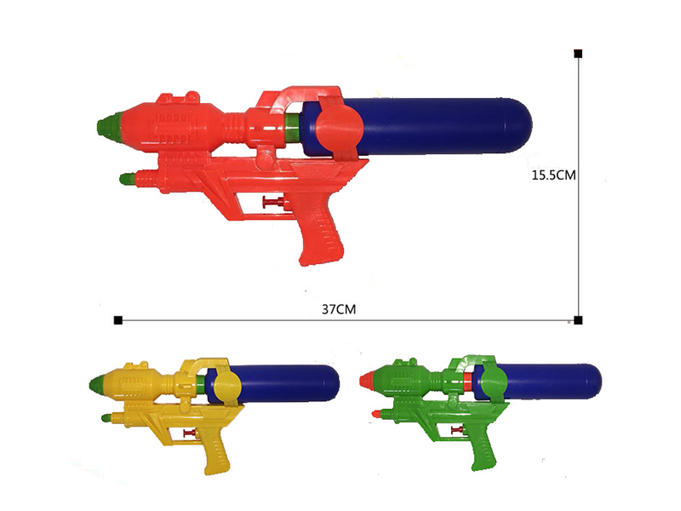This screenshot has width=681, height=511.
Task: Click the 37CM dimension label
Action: click(338, 308)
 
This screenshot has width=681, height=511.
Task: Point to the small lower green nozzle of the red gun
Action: click(127, 180)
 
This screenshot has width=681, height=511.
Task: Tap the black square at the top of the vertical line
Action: click(578, 54)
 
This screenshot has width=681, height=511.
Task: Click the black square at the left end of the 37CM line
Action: click(117, 320)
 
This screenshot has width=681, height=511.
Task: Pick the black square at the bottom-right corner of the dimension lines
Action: click(578, 320)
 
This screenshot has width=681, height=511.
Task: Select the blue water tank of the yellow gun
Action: click(289, 382)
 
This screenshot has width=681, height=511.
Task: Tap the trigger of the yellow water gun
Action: click(189, 434)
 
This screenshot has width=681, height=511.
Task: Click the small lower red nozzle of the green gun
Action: click(375, 414)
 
